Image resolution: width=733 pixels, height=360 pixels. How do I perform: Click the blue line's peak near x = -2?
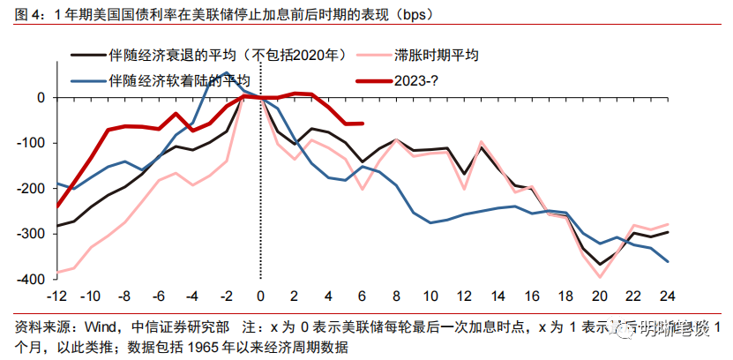[226, 73]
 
